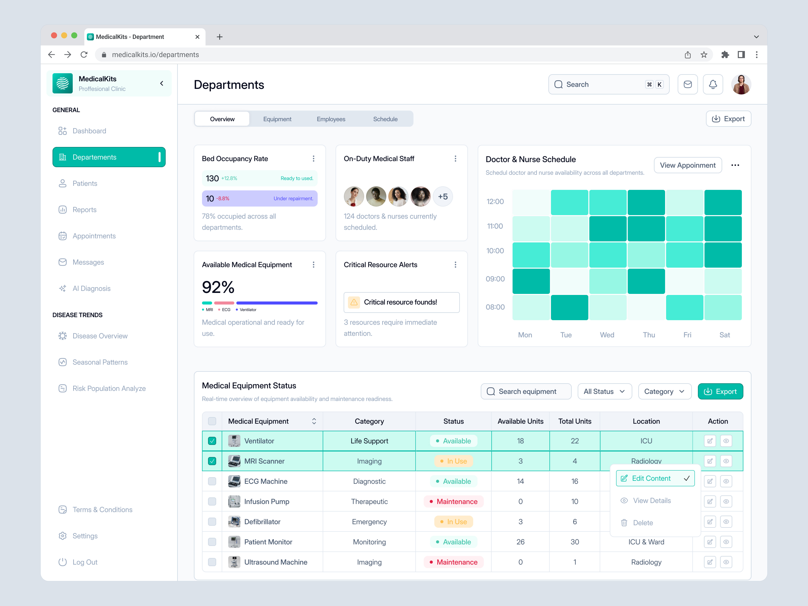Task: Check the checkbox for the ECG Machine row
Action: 212,481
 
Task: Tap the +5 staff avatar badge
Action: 443,196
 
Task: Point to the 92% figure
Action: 218,287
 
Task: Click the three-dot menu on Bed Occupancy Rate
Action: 313,159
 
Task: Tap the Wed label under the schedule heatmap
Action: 607,335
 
